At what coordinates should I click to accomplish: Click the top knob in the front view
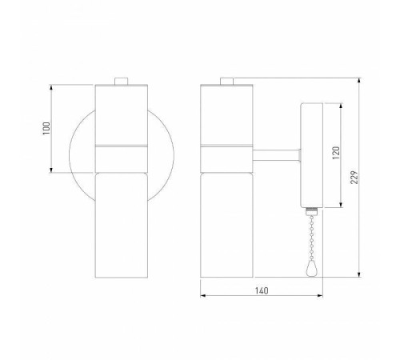pos(122,80)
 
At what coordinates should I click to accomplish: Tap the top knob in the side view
pos(226,80)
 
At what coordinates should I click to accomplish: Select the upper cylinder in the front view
pos(122,114)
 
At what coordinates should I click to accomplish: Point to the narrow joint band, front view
pos(122,146)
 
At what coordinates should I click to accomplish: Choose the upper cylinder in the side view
pos(226,114)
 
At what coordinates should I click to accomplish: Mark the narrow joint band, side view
pos(226,146)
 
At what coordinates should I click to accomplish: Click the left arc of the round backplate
pos(72,152)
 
